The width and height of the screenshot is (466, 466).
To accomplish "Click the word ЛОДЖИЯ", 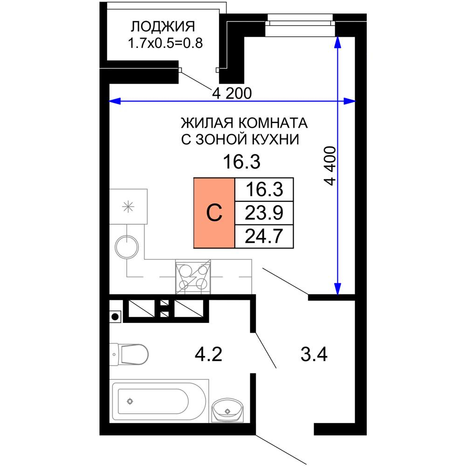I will pyautogui.click(x=162, y=27).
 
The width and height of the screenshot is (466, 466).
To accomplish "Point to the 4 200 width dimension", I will pyautogui.click(x=232, y=94).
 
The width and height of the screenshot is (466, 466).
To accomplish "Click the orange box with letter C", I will pyautogui.click(x=214, y=213).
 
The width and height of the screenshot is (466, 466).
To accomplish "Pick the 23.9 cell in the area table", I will pyautogui.click(x=264, y=213).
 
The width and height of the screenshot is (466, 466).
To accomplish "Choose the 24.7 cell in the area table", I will pyautogui.click(x=264, y=236).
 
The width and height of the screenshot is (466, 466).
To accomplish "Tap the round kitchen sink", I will pyautogui.click(x=127, y=247).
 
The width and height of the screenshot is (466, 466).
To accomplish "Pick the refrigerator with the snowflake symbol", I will pyautogui.click(x=128, y=207).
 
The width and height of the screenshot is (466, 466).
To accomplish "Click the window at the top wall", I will pyautogui.click(x=301, y=20).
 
